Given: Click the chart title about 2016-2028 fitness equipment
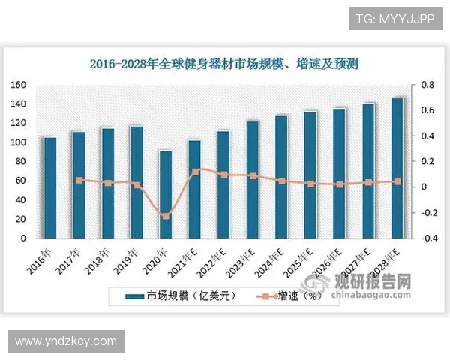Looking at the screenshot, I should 223,64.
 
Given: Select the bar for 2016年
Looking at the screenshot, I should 50,187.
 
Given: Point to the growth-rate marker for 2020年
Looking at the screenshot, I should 166,217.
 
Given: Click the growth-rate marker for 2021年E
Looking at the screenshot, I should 195,171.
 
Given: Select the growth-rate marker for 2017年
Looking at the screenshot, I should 79,180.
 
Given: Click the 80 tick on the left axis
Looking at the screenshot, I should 22,161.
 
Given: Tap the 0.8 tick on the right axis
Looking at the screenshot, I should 426,85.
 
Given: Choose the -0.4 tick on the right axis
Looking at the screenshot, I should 424,238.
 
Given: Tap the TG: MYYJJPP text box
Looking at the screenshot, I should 394,18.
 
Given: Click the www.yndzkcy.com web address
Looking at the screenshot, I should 66,341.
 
